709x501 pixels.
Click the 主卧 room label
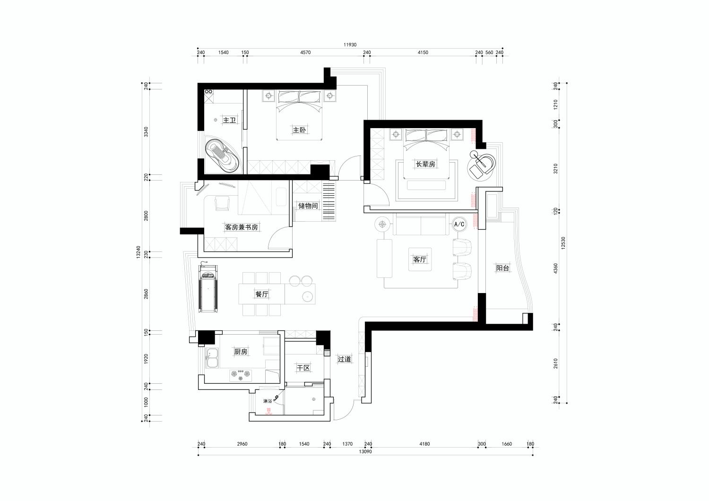299,130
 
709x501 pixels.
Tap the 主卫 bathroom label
230,120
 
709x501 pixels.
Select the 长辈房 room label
425,164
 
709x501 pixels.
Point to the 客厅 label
420,259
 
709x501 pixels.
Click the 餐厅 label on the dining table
262,294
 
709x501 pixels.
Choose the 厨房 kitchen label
241,351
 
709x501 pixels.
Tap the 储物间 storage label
308,206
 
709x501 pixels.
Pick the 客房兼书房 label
241,227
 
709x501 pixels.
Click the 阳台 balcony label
502,268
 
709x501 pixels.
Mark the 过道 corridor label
344,359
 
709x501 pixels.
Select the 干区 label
303,368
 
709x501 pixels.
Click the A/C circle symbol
459,225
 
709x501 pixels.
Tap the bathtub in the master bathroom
222,155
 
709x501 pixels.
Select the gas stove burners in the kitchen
241,374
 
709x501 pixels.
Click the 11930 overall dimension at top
350,44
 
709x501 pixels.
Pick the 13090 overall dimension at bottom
365,452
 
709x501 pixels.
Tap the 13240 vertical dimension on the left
138,252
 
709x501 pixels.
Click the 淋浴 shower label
268,401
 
